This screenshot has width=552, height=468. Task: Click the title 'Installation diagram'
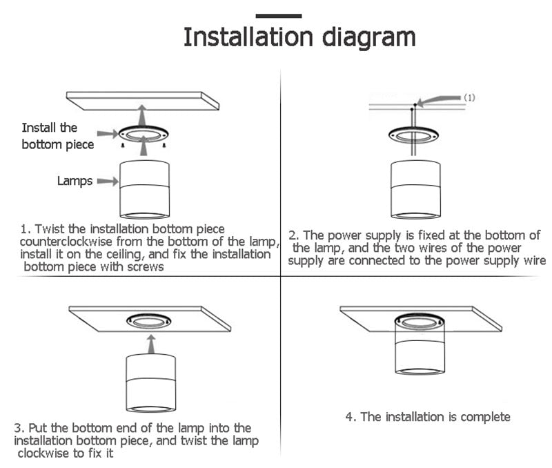pyautogui.click(x=299, y=37)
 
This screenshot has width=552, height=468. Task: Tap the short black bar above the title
pyautogui.click(x=279, y=15)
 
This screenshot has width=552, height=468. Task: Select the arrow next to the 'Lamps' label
pyautogui.click(x=106, y=182)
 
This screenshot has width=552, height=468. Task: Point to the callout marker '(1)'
pyautogui.click(x=469, y=97)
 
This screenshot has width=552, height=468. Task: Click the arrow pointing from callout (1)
pyautogui.click(x=439, y=101)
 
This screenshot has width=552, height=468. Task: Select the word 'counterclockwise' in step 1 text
pyautogui.click(x=63, y=242)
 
